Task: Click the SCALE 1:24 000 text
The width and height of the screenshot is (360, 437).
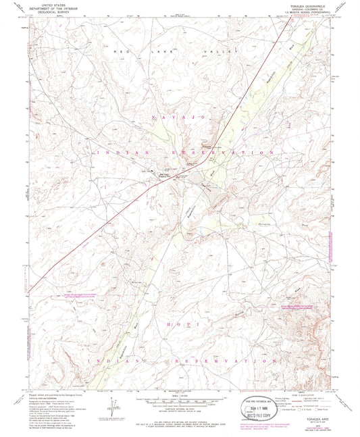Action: [180, 396]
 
